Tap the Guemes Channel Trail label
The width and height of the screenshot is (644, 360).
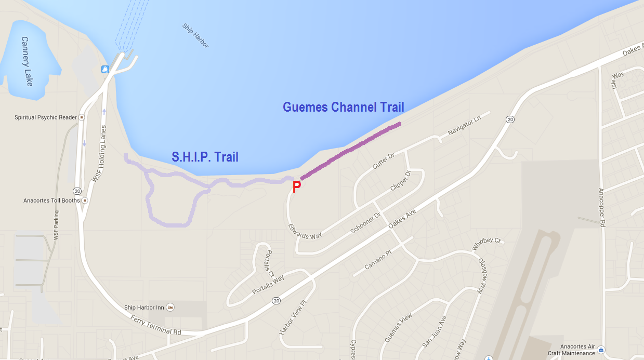click(x=343, y=108)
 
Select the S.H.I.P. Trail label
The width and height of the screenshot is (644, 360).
click(x=205, y=157)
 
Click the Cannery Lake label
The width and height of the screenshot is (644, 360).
click(x=27, y=61)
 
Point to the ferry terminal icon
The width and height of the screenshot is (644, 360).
click(x=105, y=69)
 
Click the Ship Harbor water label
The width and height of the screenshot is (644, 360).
click(x=195, y=36)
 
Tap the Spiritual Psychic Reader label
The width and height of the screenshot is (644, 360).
click(x=46, y=117)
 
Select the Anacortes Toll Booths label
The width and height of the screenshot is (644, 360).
click(x=51, y=201)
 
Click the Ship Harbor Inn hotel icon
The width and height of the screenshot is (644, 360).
click(x=170, y=308)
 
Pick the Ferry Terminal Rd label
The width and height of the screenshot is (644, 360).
click(x=155, y=325)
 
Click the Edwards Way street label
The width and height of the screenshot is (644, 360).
click(x=305, y=232)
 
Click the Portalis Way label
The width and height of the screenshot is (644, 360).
click(x=268, y=285)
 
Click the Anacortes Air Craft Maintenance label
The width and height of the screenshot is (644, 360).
click(x=571, y=350)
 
